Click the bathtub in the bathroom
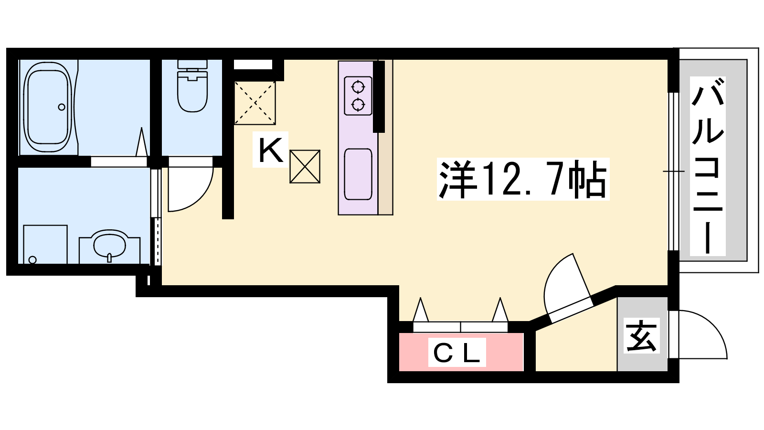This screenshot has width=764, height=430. point(48,107)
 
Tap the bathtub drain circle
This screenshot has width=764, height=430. point(62,107)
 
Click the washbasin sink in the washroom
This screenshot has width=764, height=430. point(109,244)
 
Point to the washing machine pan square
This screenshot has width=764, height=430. point(45,244)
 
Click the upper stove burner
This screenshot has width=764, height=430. point(358,86)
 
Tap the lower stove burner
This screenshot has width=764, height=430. point(358,105)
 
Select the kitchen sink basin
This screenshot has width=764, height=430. point(358,174)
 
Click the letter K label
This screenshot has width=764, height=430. point(271,150)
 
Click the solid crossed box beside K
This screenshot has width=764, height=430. point(305,167)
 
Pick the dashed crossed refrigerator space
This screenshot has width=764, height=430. point(255,103)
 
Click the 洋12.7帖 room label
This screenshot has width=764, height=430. point(522,179)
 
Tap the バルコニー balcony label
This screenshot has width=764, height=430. point(708,166)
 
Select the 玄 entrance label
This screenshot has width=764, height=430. point(642,336)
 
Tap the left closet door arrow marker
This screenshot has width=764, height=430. point(421,310)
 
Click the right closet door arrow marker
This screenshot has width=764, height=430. point(500,310)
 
